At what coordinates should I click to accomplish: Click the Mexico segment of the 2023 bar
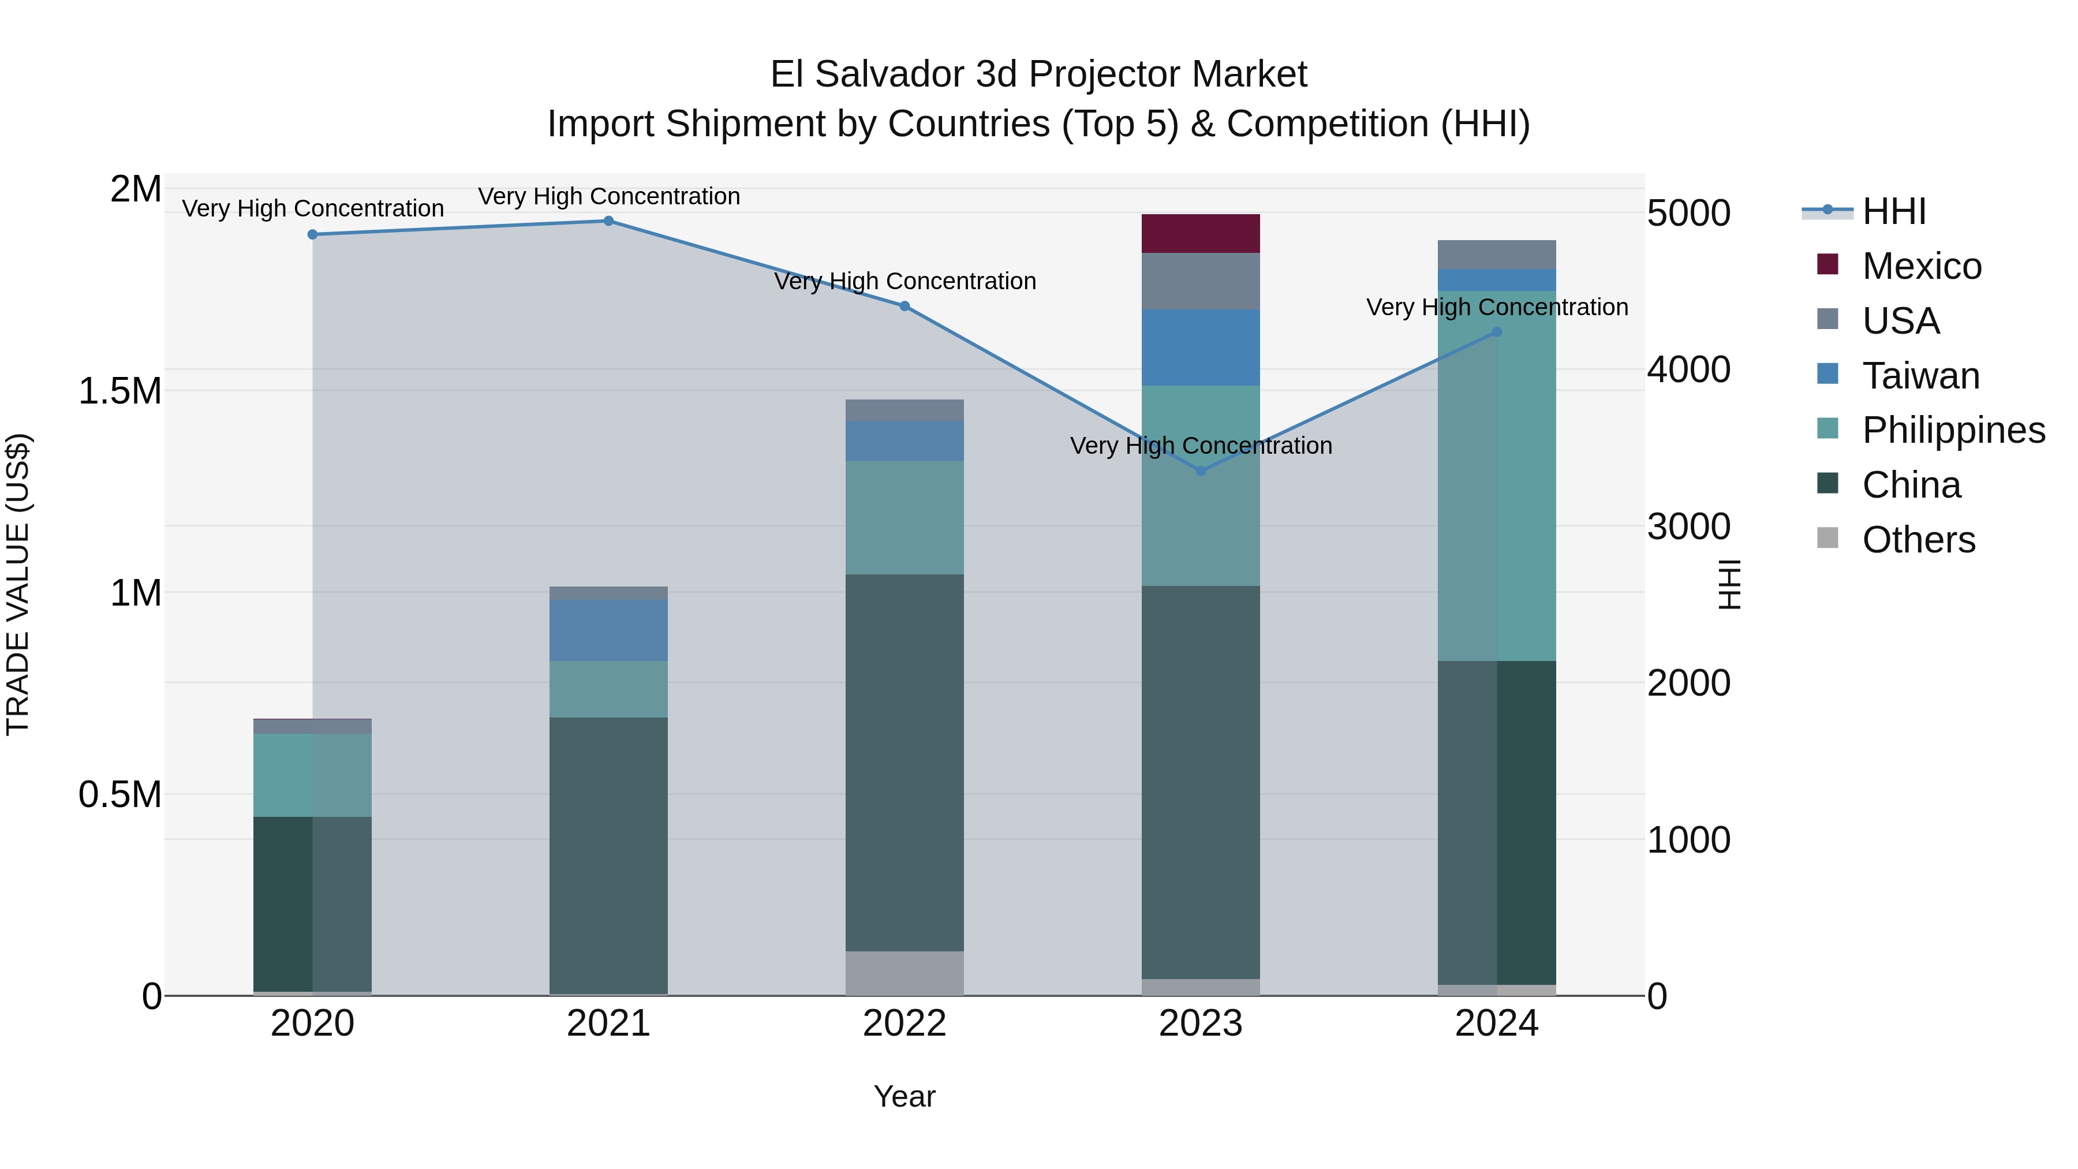[x=1201, y=233]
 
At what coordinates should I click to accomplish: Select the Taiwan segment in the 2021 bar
[x=608, y=630]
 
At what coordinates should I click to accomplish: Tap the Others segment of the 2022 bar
[x=905, y=972]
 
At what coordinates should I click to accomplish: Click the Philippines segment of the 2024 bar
[x=1496, y=476]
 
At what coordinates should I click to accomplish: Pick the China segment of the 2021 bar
[x=608, y=855]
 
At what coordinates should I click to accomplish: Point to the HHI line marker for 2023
[x=1201, y=470]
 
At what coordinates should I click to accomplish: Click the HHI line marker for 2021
[x=608, y=221]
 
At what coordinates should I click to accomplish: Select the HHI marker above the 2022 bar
[x=905, y=306]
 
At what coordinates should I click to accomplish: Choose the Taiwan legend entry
[x=1920, y=376]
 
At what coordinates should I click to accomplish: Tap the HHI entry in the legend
[x=1893, y=211]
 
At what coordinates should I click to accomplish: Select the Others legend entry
[x=1918, y=540]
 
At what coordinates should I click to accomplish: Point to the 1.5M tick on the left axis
[x=119, y=391]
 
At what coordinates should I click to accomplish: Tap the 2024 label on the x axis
[x=1496, y=1024]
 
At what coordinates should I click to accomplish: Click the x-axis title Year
[x=905, y=1096]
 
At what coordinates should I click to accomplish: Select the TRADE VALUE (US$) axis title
[x=18, y=584]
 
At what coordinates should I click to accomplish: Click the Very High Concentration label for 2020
[x=313, y=208]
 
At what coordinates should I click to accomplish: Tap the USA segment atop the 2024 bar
[x=1496, y=254]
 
